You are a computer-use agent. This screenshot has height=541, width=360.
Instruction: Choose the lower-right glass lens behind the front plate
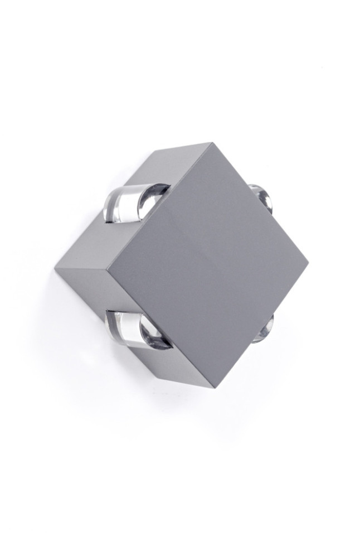point(263,329)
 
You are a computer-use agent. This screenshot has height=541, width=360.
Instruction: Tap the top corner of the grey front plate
point(212,144)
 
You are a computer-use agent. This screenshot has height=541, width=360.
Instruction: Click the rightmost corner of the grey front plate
point(307,259)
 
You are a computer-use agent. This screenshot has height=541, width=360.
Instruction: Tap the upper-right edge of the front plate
point(260,201)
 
